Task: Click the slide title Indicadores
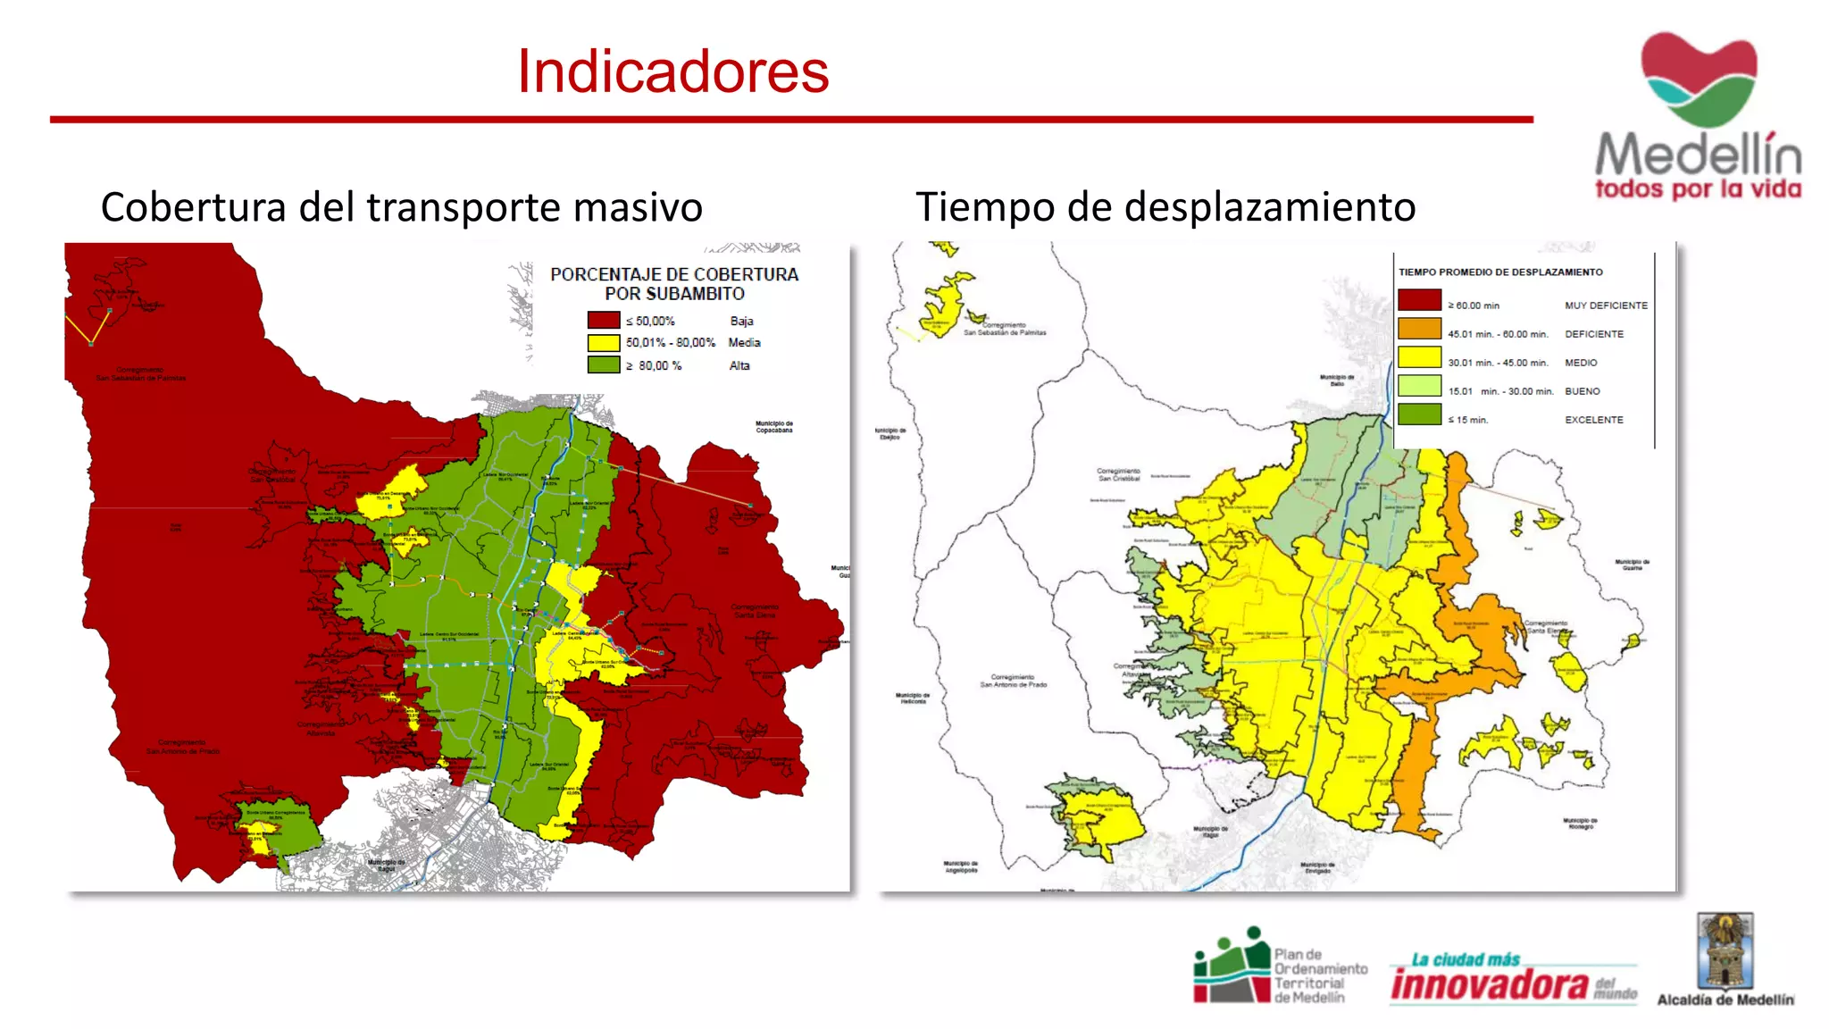(672, 71)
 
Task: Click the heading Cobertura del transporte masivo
(401, 207)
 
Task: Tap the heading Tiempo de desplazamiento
(1165, 207)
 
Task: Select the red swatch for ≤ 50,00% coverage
(603, 321)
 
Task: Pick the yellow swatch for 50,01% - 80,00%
(603, 343)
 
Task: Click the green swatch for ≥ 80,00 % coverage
(603, 365)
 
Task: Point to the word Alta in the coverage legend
(739, 365)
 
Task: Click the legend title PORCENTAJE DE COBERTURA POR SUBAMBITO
(674, 284)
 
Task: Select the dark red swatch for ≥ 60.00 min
(1419, 301)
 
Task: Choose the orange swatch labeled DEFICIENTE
(1419, 330)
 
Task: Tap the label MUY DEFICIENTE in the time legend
(1606, 305)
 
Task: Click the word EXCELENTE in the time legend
(1593, 420)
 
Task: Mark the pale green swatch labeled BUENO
(1419, 387)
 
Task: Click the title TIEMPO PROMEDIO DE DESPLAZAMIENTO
(1500, 272)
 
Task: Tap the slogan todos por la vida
(1698, 189)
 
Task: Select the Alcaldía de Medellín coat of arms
(1725, 951)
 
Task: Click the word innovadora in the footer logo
(1489, 984)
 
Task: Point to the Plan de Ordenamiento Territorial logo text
(1319, 976)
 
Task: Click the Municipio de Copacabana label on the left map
(773, 427)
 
